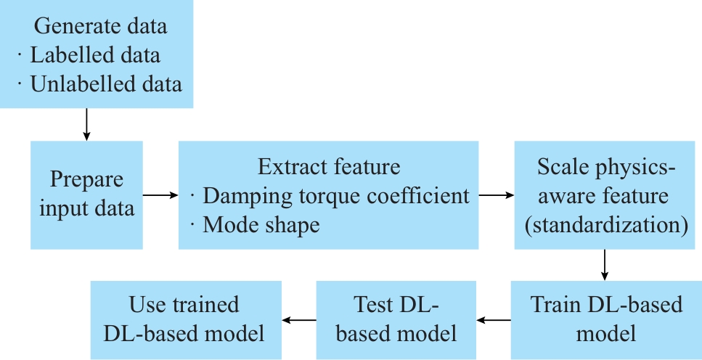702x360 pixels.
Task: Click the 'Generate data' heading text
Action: click(101, 26)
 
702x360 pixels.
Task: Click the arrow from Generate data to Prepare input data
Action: click(87, 124)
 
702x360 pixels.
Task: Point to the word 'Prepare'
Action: click(86, 180)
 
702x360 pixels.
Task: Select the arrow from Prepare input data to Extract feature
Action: click(160, 195)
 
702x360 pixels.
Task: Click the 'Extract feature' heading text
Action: click(329, 167)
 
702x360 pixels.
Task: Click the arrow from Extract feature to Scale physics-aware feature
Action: click(497, 195)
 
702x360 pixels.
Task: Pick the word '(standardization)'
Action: click(606, 224)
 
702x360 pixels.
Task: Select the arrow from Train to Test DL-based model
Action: click(494, 319)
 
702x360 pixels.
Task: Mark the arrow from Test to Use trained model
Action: click(298, 319)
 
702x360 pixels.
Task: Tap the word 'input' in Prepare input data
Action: click(61, 209)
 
